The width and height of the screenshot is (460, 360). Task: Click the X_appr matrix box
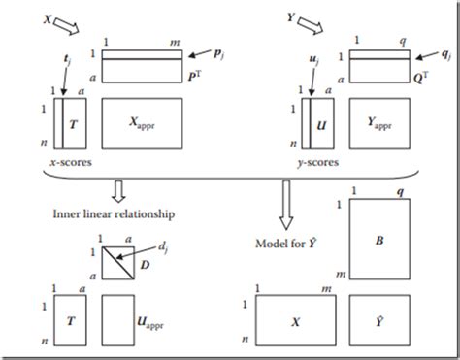tap(142, 123)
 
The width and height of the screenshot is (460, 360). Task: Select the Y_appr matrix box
tap(379, 123)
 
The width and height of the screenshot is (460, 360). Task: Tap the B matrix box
tap(379, 239)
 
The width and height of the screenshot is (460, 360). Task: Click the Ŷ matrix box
tap(379, 320)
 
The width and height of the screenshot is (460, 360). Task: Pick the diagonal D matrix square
tap(118, 263)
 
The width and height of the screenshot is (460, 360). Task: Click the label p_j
tap(218, 54)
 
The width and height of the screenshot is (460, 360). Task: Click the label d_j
tap(163, 247)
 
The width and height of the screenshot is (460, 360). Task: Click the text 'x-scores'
tap(71, 162)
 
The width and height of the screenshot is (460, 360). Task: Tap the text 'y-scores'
tap(318, 162)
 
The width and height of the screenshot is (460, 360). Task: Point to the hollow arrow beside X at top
tap(66, 26)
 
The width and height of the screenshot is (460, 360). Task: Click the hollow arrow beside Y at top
tap(311, 26)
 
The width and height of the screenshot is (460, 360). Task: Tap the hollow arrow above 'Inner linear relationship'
tap(118, 191)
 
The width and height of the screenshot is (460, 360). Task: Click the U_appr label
tap(150, 323)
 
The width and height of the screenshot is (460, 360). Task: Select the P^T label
tap(195, 77)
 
